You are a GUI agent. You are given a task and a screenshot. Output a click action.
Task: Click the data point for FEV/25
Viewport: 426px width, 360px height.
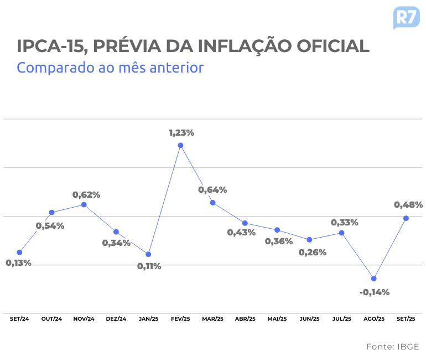click(x=180, y=146)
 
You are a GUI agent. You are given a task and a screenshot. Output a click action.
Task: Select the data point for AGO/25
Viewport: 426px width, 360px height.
click(x=374, y=279)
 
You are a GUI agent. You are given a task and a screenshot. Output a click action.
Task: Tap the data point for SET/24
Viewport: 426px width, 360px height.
click(x=19, y=253)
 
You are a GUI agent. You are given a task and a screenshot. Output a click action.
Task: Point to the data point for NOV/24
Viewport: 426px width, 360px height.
click(x=84, y=204)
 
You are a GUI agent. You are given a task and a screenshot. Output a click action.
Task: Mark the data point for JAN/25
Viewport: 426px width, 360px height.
click(x=148, y=254)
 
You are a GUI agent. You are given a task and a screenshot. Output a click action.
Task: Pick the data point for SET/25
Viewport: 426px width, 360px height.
click(x=406, y=218)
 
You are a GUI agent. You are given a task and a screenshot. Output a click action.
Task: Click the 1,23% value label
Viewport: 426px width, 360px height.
click(x=181, y=133)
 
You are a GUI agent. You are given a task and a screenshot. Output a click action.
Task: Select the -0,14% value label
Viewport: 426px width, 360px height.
click(x=375, y=292)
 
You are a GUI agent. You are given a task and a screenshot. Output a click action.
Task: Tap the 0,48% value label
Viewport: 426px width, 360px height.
click(x=408, y=205)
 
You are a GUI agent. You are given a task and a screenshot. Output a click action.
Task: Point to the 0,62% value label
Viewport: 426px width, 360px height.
click(x=86, y=195)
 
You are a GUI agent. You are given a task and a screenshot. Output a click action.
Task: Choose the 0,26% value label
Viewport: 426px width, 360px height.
click(x=313, y=253)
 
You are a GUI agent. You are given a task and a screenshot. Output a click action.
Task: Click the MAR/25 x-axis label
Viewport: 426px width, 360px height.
click(x=213, y=319)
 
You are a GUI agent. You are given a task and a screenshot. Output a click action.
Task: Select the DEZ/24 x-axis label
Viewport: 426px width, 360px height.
click(x=116, y=319)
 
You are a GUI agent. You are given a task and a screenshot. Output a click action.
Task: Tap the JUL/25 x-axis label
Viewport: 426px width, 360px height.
click(x=342, y=319)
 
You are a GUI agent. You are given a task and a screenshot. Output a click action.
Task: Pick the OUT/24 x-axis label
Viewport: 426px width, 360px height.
click(x=51, y=319)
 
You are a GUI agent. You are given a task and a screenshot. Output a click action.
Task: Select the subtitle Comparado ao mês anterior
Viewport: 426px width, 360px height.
click(x=110, y=68)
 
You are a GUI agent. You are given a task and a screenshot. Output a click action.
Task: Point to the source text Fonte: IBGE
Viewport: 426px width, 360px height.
click(x=392, y=347)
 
